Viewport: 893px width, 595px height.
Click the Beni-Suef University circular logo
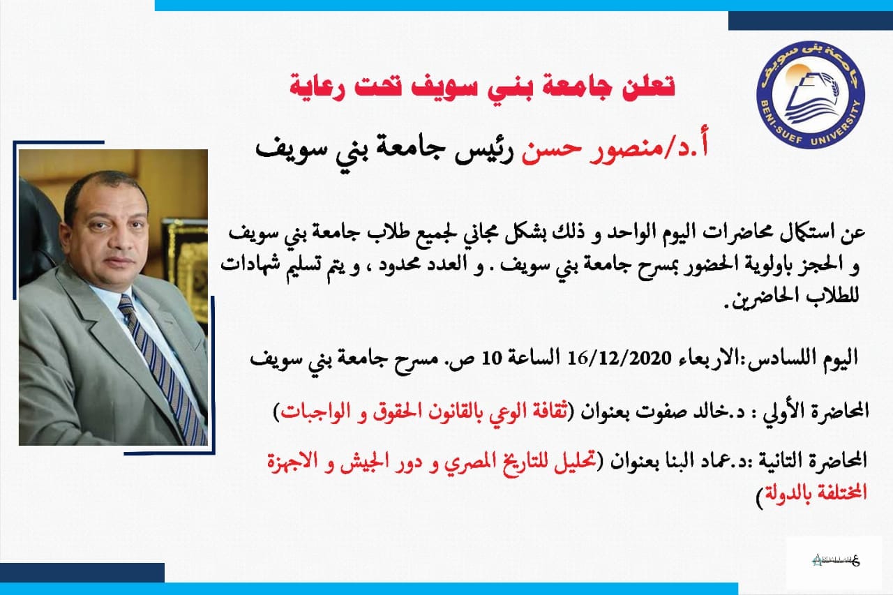(811, 94)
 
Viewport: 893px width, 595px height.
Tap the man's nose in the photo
(108, 240)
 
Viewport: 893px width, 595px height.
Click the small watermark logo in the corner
(836, 560)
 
